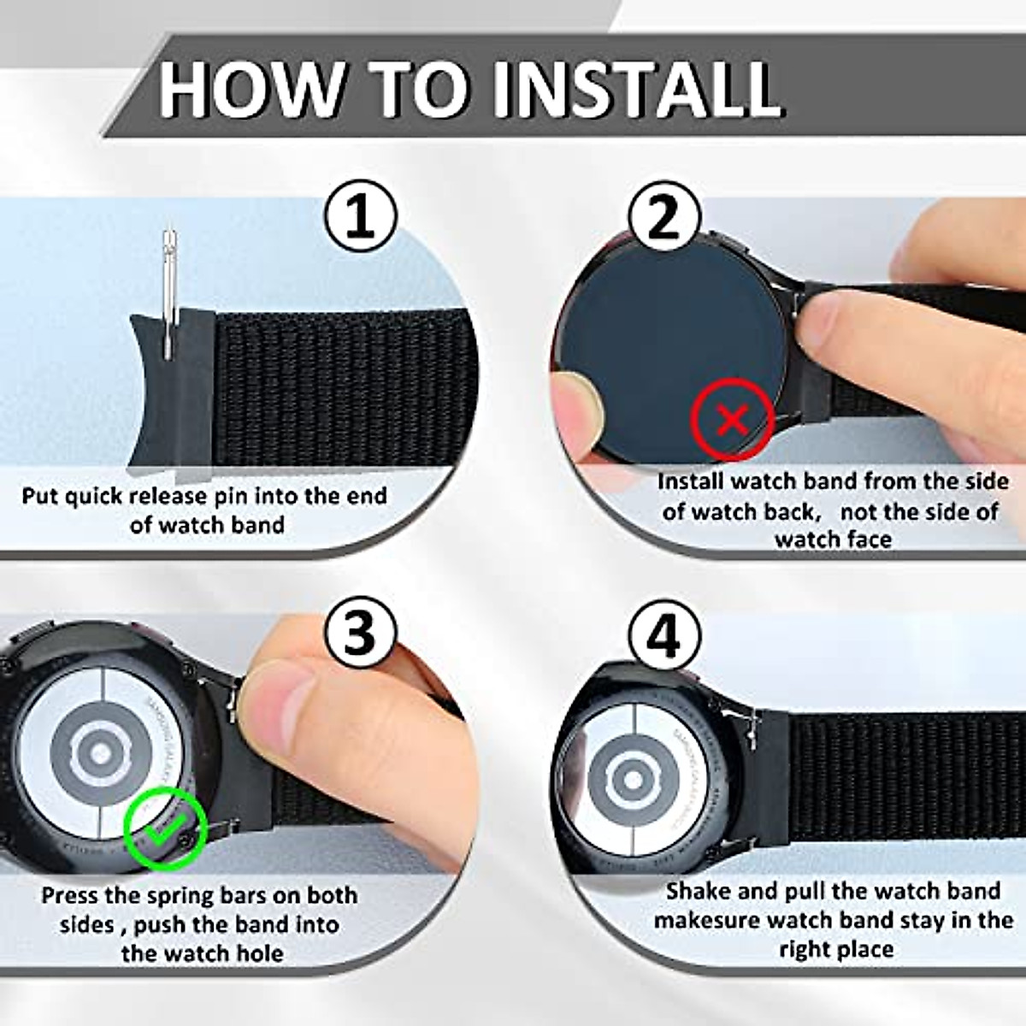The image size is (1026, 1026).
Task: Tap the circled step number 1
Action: tap(361, 218)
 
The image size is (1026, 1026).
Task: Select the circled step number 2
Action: tap(664, 218)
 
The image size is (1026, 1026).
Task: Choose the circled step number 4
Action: tap(664, 637)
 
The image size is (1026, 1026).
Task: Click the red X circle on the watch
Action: tap(732, 419)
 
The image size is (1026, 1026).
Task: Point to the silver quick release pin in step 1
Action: tap(172, 291)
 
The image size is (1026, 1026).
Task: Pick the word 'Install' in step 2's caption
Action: tap(690, 481)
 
